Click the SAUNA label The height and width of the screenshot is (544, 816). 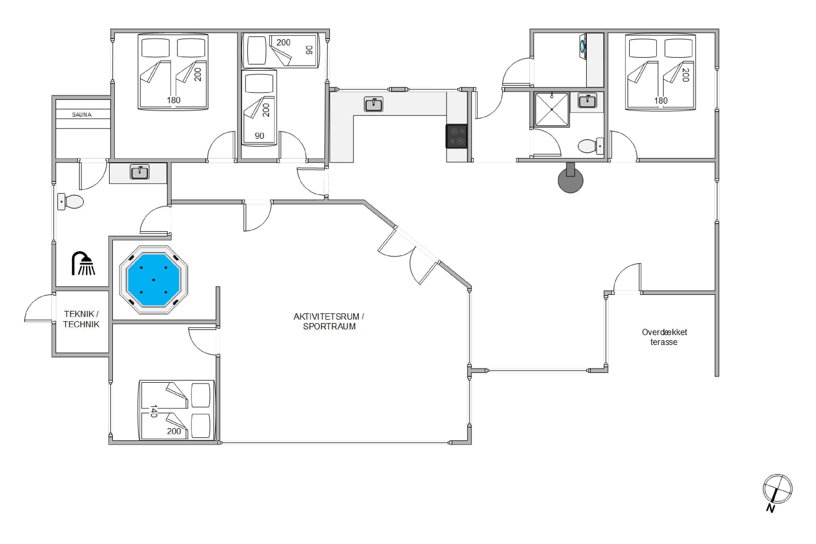(82, 115)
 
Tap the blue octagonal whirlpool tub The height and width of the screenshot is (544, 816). (153, 280)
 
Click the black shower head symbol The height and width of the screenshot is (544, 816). (83, 263)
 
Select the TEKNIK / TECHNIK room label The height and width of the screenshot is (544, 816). (81, 319)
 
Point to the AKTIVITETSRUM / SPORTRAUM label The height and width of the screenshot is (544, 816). (329, 321)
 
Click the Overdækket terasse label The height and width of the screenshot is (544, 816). (664, 337)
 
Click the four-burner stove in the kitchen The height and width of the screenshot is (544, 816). (457, 136)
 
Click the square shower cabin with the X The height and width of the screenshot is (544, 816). (552, 109)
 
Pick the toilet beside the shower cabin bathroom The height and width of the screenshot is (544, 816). (591, 146)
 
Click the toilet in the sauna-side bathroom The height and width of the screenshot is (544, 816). (70, 202)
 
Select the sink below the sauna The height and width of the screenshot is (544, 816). (140, 172)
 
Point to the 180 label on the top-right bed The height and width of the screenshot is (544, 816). (661, 101)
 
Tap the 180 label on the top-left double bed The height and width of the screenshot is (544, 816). (174, 100)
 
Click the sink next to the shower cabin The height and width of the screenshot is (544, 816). (587, 101)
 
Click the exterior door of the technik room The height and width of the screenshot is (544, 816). (39, 307)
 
